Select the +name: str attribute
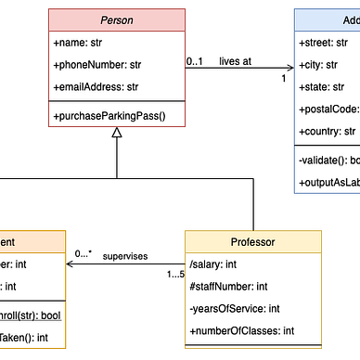point(77,43)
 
